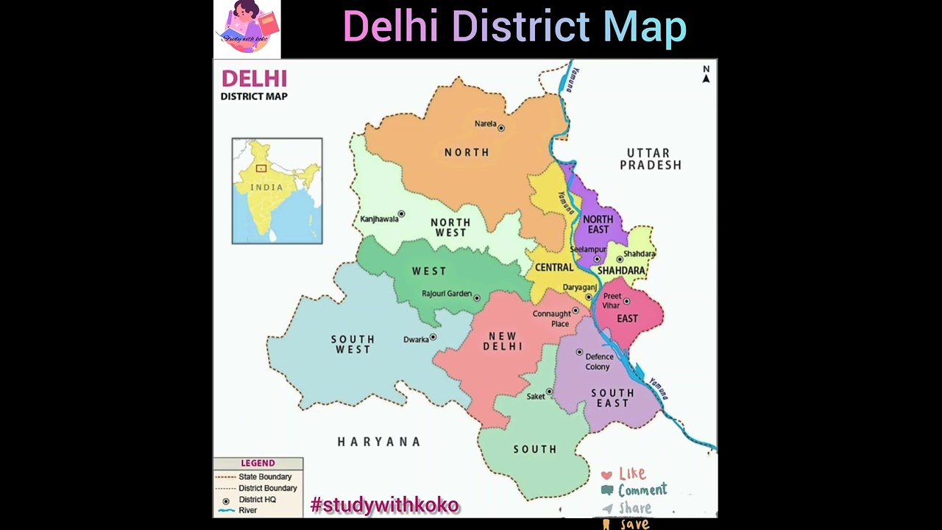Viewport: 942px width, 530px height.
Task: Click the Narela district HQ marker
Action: click(501, 128)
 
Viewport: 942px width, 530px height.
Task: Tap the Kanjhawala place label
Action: click(379, 219)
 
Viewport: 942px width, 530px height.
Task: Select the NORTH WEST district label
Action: click(450, 227)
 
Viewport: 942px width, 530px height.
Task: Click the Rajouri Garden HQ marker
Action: click(477, 298)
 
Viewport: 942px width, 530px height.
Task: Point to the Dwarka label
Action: click(416, 339)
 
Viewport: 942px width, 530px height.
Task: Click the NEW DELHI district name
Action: click(503, 342)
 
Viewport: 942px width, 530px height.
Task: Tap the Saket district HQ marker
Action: click(549, 392)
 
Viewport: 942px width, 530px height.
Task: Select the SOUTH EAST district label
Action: click(612, 398)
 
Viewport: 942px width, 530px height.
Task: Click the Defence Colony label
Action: click(598, 361)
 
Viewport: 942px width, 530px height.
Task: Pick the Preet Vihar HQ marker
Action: click(627, 301)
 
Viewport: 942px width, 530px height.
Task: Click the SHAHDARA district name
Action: click(621, 271)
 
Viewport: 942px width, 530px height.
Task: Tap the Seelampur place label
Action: click(587, 250)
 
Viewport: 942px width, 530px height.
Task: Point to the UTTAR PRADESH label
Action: click(650, 159)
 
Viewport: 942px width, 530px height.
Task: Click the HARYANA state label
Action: click(379, 442)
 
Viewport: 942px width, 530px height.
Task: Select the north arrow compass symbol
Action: click(706, 74)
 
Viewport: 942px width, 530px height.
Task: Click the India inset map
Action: click(277, 191)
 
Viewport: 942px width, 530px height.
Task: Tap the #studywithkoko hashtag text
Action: click(385, 505)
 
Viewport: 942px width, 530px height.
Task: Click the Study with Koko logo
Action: click(247, 29)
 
